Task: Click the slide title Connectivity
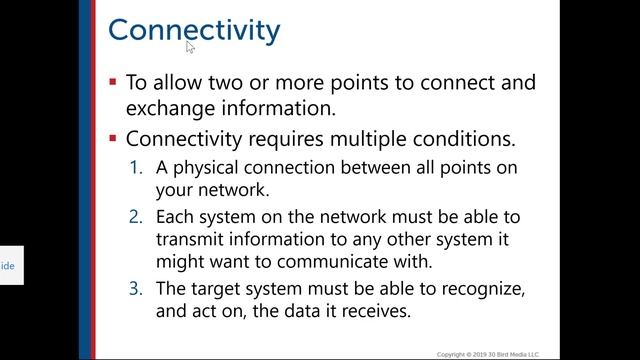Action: click(194, 29)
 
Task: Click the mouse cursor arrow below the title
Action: click(190, 46)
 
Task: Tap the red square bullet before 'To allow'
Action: click(114, 82)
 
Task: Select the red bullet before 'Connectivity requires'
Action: click(114, 138)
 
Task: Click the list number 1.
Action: click(138, 168)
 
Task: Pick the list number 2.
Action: click(138, 217)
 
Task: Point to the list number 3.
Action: click(138, 289)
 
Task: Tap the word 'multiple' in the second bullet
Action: click(381, 139)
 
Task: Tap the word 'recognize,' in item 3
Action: click(479, 289)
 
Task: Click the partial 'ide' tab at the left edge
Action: click(8, 267)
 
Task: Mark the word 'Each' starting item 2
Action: click(174, 217)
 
